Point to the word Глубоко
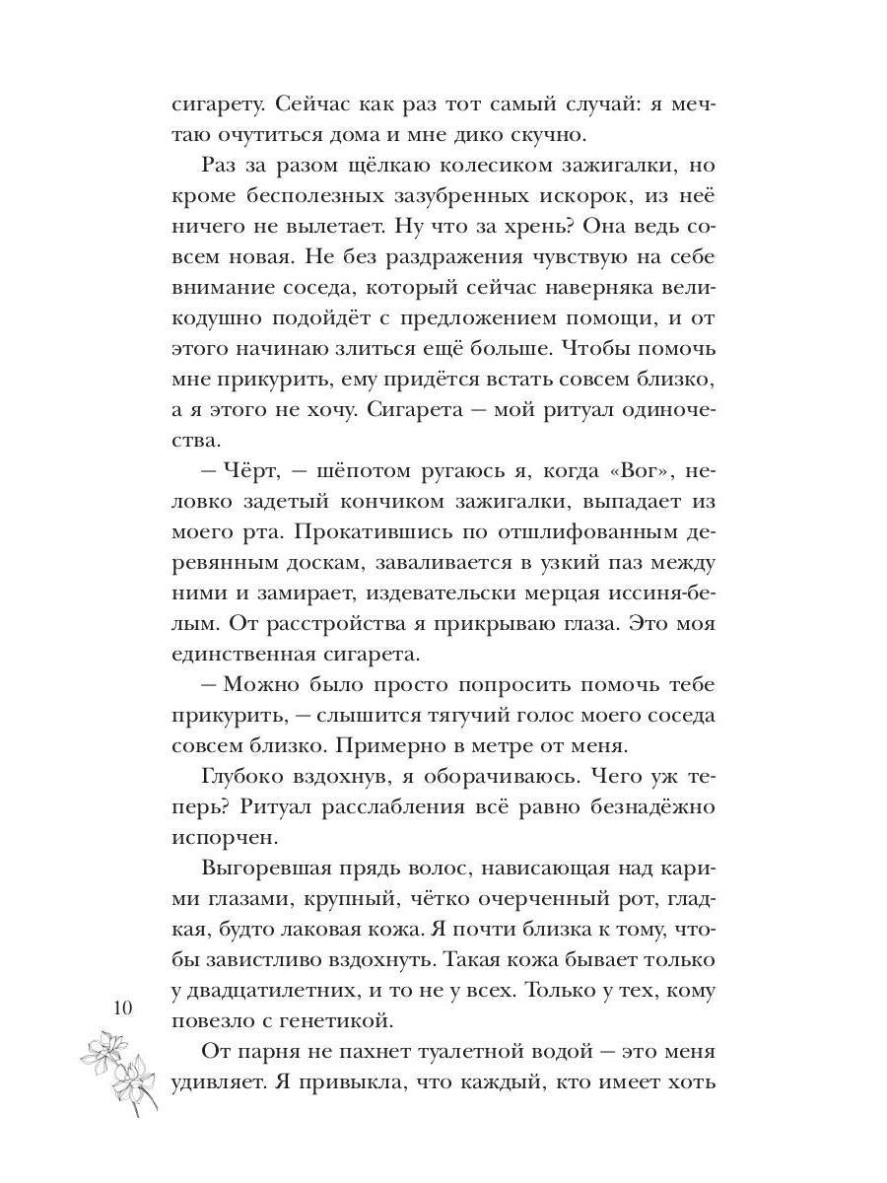(242, 777)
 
